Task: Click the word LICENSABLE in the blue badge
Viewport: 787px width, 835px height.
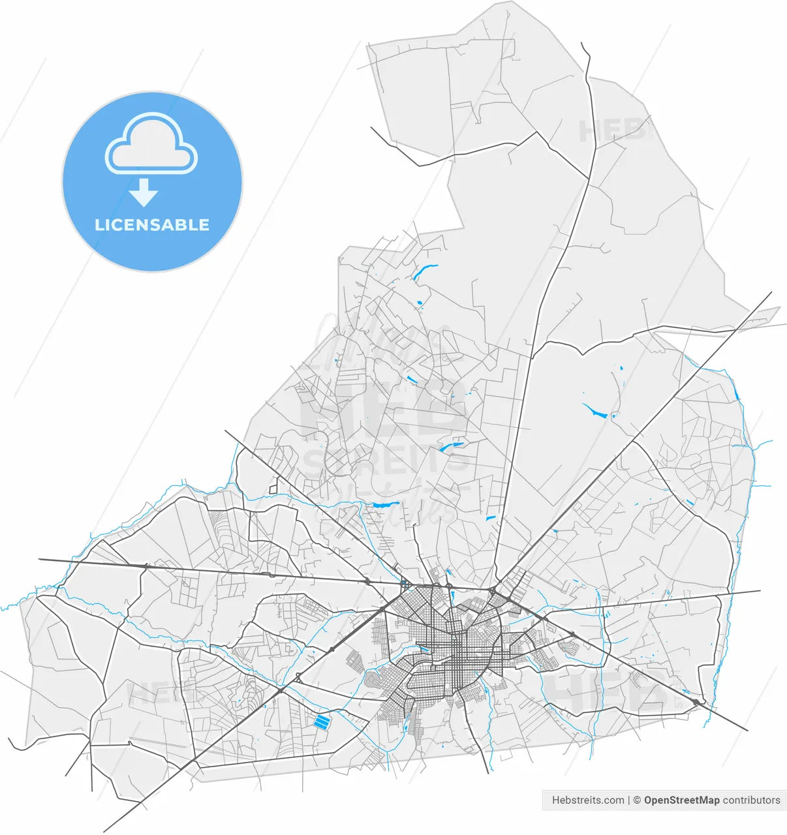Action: pyautogui.click(x=152, y=225)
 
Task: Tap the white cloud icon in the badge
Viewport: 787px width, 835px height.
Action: pyautogui.click(x=151, y=145)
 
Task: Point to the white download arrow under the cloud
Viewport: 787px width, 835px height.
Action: pyautogui.click(x=143, y=192)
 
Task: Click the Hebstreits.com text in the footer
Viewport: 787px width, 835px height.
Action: pyautogui.click(x=587, y=800)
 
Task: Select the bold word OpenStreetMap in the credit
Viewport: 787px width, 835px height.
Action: pyautogui.click(x=681, y=800)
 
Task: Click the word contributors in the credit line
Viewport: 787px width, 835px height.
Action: pyautogui.click(x=751, y=800)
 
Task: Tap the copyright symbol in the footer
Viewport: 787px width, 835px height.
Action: pyautogui.click(x=638, y=800)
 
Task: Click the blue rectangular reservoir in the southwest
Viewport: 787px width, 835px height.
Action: pyautogui.click(x=322, y=721)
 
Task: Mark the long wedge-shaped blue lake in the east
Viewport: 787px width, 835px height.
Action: pyautogui.click(x=594, y=410)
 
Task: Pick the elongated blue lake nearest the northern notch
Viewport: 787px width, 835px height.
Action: pyautogui.click(x=425, y=271)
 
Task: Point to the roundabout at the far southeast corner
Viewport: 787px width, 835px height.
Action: pyautogui.click(x=697, y=701)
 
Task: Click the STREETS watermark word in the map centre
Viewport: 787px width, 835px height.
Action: pyautogui.click(x=386, y=461)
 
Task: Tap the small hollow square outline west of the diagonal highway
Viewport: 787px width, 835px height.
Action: pyautogui.click(x=273, y=487)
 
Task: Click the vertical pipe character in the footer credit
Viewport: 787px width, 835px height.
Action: pyautogui.click(x=629, y=800)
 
